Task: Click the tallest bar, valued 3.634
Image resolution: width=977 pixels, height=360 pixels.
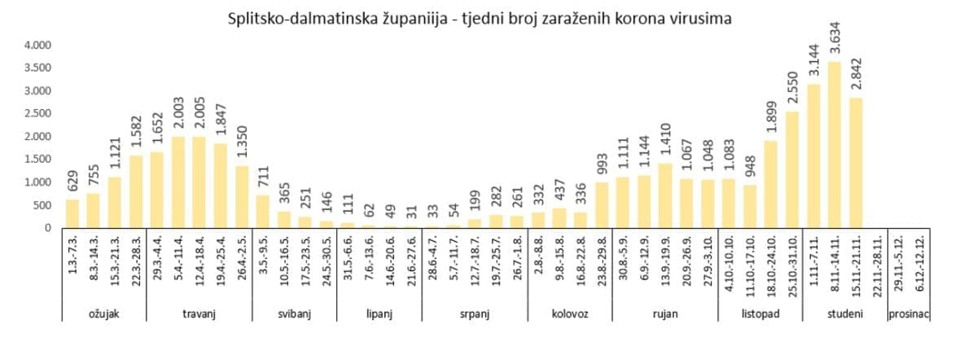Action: (835, 145)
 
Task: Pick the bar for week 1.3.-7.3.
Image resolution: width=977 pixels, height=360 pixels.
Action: (72, 213)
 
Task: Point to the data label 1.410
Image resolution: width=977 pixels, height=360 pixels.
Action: (665, 143)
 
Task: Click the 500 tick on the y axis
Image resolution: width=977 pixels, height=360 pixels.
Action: (42, 205)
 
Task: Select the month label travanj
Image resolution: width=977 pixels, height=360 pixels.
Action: (199, 314)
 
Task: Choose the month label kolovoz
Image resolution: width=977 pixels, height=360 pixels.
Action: (570, 314)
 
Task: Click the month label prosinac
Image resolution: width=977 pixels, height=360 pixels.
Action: (909, 314)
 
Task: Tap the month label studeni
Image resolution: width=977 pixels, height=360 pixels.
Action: (845, 314)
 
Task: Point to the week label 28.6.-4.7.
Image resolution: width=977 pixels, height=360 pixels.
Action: (433, 261)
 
